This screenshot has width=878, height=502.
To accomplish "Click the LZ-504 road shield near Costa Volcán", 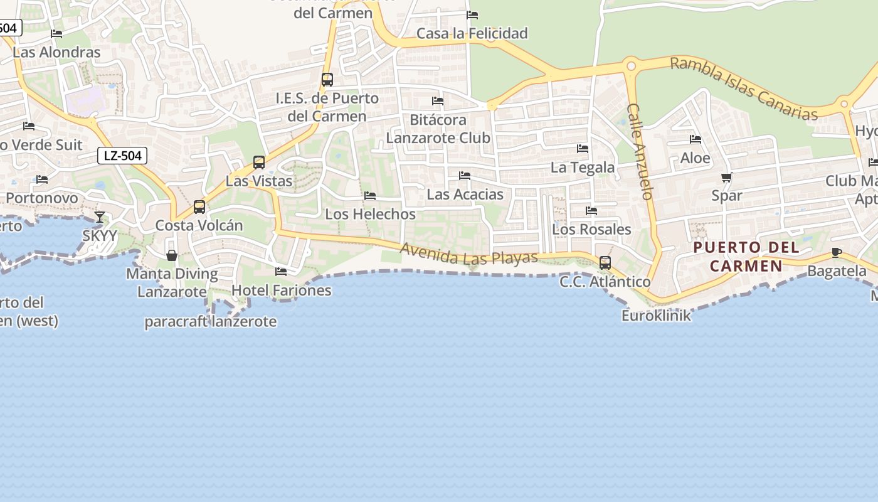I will (x=122, y=156).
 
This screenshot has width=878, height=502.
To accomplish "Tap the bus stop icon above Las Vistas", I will (x=259, y=163).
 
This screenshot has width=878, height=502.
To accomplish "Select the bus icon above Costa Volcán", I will (x=199, y=206).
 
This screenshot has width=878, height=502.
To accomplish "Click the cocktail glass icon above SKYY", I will (x=100, y=217).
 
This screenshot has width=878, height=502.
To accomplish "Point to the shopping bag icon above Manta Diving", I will (x=172, y=255).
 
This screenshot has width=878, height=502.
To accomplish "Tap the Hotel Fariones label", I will (x=282, y=290).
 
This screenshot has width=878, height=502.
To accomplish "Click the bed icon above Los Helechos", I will (x=370, y=196).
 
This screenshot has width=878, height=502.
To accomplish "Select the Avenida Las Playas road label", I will (x=469, y=254).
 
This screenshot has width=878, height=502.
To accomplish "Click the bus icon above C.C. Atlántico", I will (x=605, y=262).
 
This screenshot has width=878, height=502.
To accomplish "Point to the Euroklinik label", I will (x=656, y=315).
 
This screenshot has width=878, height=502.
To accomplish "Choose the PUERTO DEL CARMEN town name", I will (x=746, y=256).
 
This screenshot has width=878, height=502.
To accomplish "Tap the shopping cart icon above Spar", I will (x=727, y=177).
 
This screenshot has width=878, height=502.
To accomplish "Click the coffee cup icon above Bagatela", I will (x=837, y=252).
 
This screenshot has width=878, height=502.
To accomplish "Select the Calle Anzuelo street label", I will (x=640, y=151).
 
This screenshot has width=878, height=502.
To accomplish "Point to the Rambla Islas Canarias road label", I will (x=744, y=88).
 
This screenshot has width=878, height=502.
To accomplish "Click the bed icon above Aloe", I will (x=696, y=139).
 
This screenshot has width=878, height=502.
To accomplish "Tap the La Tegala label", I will (x=583, y=168).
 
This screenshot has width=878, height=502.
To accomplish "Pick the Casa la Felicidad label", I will (x=472, y=33).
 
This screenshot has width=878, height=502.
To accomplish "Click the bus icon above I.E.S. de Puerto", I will (x=327, y=80).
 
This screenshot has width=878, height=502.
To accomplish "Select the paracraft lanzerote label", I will (x=211, y=322).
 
